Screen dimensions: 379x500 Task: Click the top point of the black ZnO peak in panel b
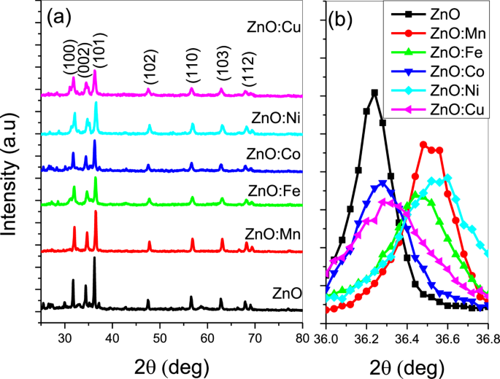pyautogui.click(x=374, y=93)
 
